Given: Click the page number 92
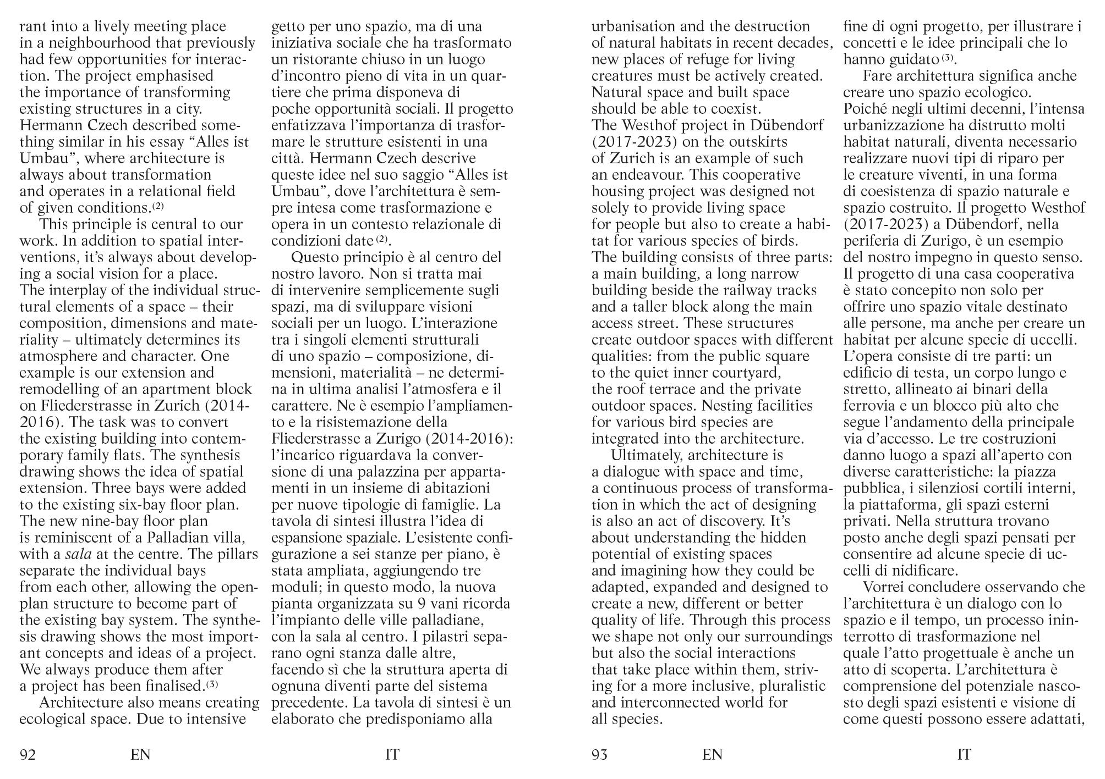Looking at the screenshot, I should point(28,755).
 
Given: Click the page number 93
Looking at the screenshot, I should point(599,755).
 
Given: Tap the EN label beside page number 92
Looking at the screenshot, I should point(140,755).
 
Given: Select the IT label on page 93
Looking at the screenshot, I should point(964,755).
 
